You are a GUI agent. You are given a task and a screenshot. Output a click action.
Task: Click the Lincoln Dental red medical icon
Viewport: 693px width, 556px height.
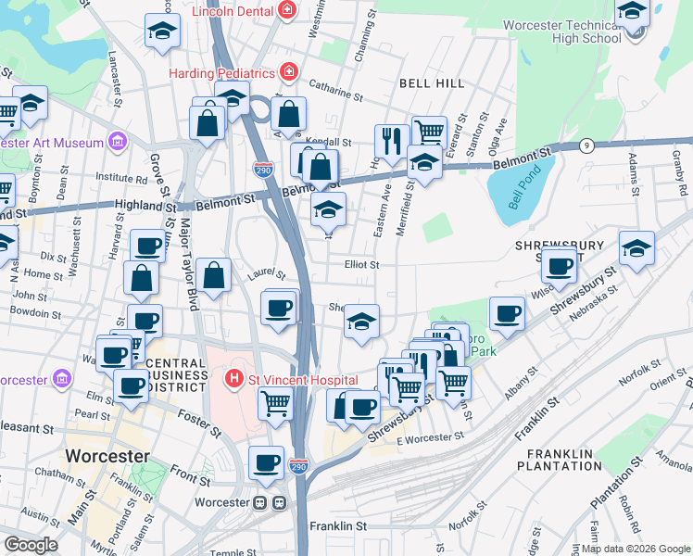click(288, 11)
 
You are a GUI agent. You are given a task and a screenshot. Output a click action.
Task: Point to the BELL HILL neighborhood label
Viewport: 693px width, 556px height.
click(431, 83)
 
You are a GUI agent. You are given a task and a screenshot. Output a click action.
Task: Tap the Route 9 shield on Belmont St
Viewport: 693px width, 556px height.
click(586, 145)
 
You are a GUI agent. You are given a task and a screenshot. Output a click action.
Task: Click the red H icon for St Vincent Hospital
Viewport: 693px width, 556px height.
click(235, 380)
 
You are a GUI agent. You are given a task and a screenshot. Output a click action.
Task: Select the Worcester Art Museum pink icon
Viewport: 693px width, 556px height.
click(118, 143)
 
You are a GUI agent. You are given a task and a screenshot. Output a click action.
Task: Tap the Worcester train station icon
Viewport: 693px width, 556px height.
click(270, 503)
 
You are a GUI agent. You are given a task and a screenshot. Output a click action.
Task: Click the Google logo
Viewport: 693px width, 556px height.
click(31, 545)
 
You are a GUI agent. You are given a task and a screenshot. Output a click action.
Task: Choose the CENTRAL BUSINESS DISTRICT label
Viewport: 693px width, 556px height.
click(170, 368)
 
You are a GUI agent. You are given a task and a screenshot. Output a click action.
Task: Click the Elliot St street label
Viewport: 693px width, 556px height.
click(361, 264)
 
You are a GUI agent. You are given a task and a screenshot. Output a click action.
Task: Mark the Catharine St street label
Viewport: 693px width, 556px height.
click(335, 93)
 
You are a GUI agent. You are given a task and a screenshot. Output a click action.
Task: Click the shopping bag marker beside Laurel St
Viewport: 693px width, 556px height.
click(213, 275)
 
